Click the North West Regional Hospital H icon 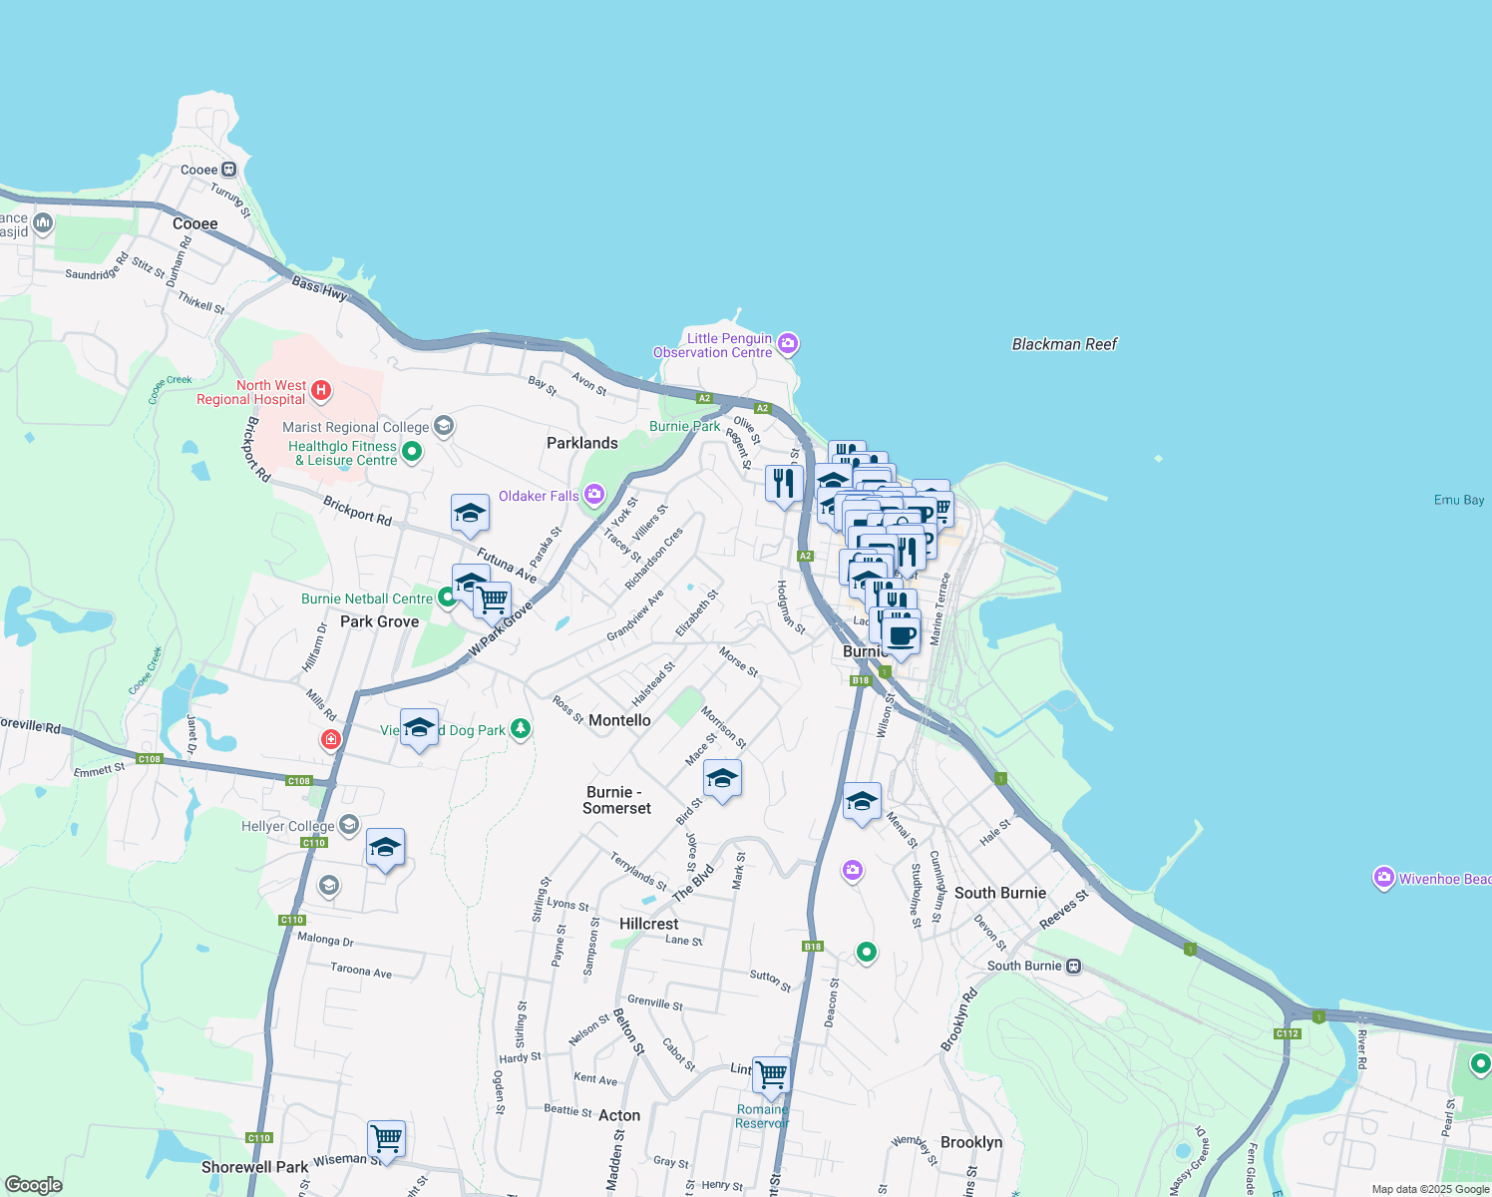[321, 390]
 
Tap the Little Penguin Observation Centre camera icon [788, 344]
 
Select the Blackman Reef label [1064, 344]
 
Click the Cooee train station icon [229, 170]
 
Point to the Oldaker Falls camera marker [594, 495]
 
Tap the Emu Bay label [1458, 500]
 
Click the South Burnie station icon [1073, 966]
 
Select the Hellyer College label [288, 826]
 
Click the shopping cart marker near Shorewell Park [386, 1138]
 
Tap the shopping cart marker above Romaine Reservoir [771, 1075]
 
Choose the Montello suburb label [619, 720]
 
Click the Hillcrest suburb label [648, 924]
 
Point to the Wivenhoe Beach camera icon [1383, 878]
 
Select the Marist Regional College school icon [444, 427]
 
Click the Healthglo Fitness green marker [411, 453]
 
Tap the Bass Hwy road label [319, 289]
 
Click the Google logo [33, 1185]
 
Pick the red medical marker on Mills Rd [330, 740]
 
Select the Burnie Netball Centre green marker [448, 598]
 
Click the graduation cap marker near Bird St [722, 778]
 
